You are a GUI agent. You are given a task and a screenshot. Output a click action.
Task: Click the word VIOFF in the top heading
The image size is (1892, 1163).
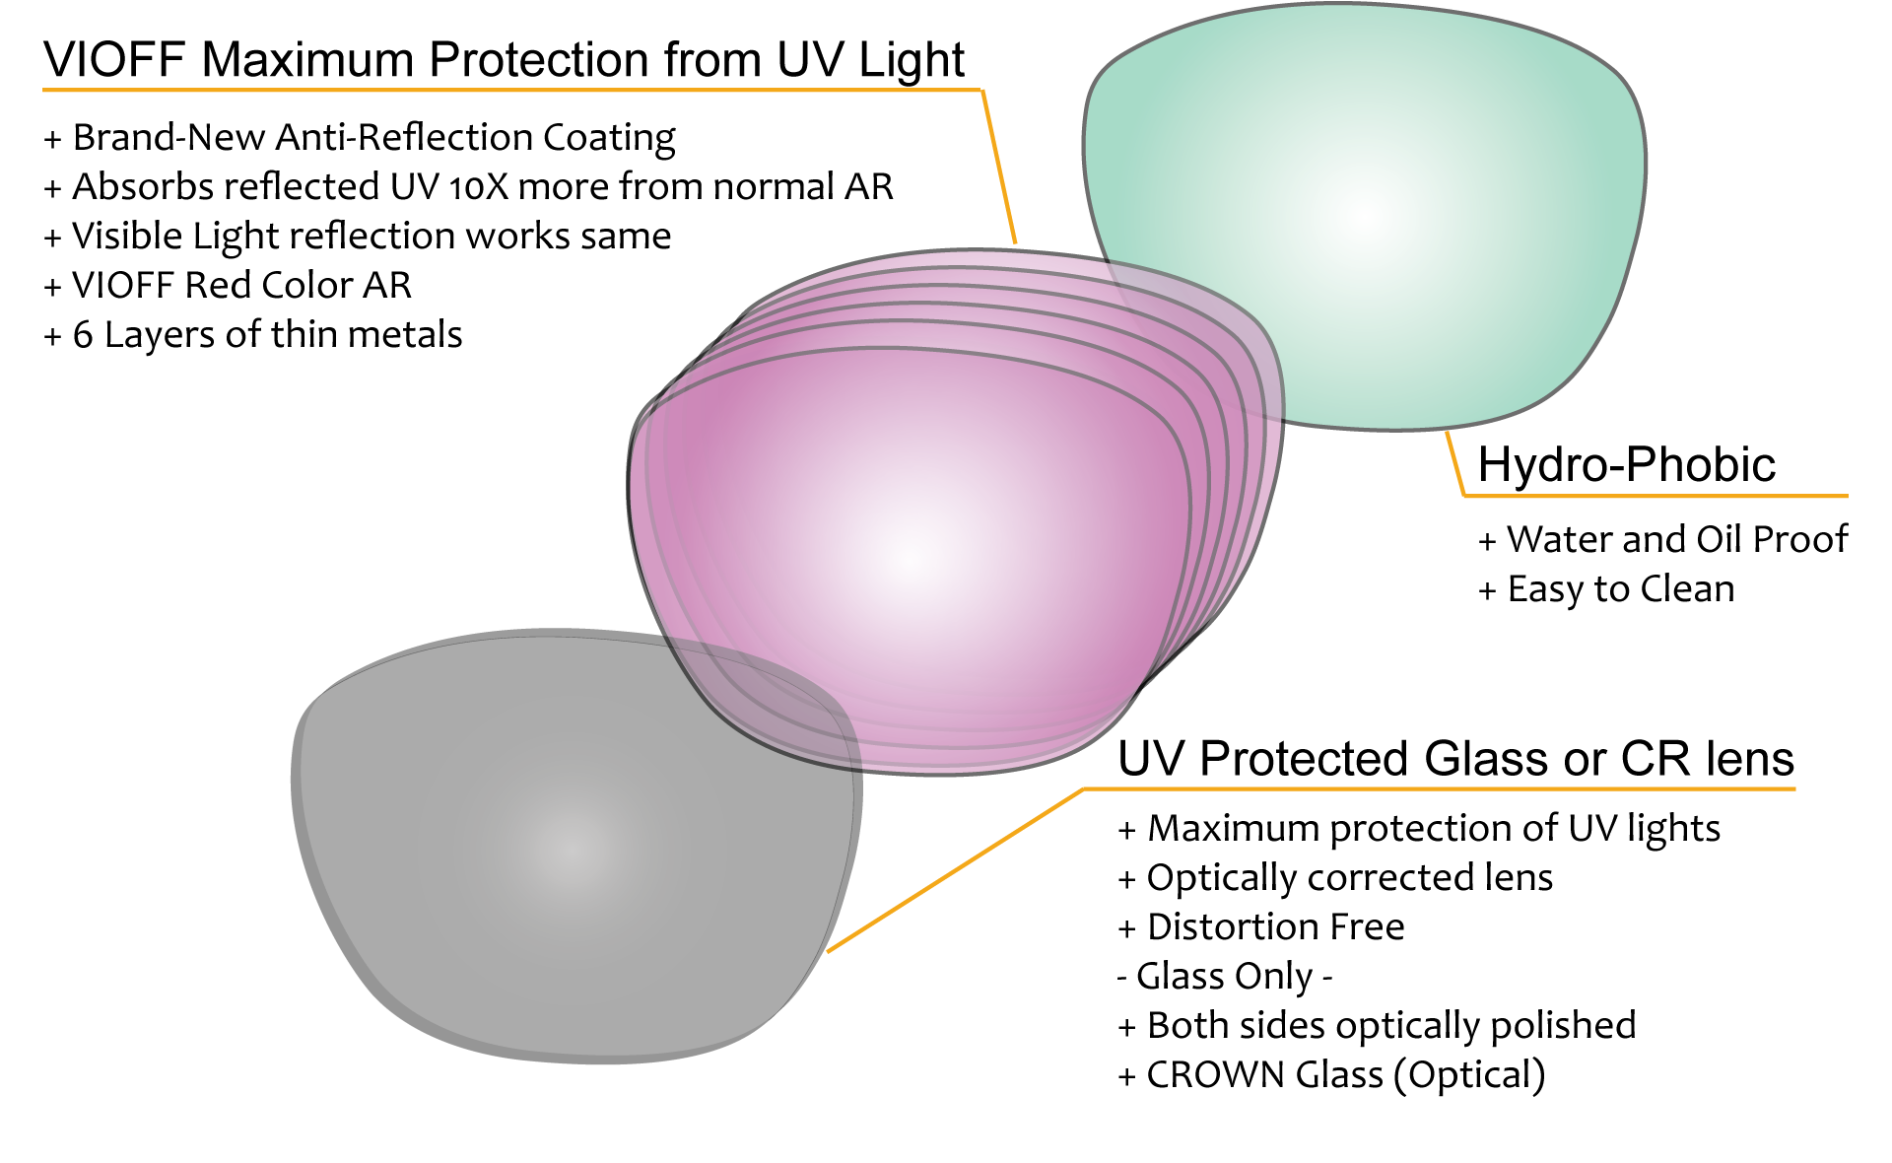tap(114, 60)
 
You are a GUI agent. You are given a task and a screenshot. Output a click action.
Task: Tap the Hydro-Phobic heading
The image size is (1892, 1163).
tap(1627, 464)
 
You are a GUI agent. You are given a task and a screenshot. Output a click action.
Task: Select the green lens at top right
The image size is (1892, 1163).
tap(1365, 217)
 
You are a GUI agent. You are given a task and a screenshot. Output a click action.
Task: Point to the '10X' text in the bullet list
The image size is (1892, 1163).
tap(478, 187)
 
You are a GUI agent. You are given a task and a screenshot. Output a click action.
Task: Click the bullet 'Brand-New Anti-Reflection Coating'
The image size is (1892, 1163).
tap(360, 138)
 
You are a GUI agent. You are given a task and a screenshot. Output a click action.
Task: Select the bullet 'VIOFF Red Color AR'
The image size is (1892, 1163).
tap(228, 286)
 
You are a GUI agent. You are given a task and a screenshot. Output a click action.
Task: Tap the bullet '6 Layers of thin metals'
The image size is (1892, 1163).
tap(253, 335)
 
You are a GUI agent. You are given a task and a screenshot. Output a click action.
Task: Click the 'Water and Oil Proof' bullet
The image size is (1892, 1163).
tap(1663, 540)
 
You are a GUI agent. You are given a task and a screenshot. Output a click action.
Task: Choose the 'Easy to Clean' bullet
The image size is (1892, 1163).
tap(1607, 589)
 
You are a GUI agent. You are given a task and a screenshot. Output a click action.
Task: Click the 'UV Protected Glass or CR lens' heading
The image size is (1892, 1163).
tap(1455, 759)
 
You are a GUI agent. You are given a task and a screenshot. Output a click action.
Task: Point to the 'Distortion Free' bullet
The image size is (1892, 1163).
tap(1261, 927)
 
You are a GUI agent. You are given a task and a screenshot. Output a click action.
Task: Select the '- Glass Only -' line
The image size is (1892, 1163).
tap(1225, 977)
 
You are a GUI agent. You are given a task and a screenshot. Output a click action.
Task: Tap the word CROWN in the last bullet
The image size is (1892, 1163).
tap(1216, 1075)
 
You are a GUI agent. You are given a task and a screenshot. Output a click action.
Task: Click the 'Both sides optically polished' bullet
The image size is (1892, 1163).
tap(1377, 1026)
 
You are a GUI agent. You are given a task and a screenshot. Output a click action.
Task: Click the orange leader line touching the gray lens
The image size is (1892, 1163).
tap(956, 870)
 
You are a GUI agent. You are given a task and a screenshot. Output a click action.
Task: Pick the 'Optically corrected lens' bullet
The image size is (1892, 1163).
tap(1335, 878)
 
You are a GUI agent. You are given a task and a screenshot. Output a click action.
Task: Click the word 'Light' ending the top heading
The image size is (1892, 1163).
tap(912, 61)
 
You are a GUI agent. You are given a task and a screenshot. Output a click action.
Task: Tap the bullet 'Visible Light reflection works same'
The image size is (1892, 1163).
tap(358, 237)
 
